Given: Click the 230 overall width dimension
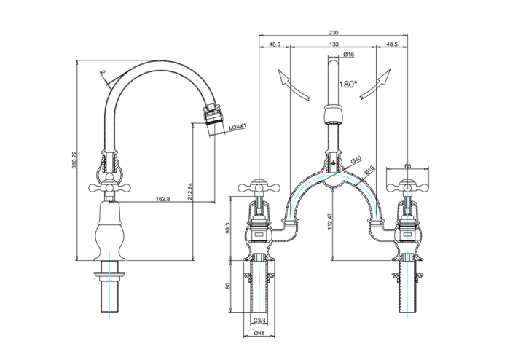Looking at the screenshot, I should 333,33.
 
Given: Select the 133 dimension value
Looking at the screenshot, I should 333,44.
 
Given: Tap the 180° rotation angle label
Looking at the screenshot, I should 348,85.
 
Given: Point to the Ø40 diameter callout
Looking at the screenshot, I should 356,160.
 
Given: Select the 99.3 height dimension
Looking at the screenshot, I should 229,227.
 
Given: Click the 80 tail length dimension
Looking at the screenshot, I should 229,286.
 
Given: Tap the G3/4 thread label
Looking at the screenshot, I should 259,321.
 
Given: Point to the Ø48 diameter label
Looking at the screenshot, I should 259,334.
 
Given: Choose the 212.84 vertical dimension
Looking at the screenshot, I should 191,191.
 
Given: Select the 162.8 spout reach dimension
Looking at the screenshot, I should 162,198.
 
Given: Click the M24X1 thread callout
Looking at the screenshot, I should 238,128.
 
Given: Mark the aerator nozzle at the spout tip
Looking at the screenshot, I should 211,117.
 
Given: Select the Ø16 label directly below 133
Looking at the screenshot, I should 348,55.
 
